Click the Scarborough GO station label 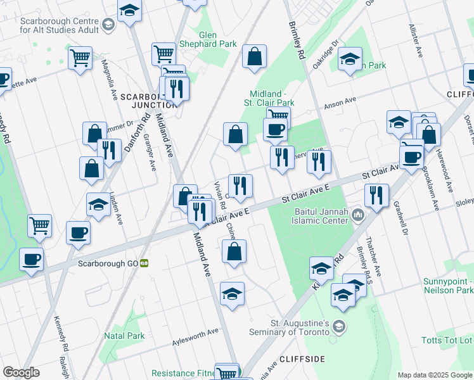108,263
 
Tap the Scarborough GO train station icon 144,263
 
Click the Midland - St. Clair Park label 269,98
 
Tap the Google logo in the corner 21,372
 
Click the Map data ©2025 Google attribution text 435,375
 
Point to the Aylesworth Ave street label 195,336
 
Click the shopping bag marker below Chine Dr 234,251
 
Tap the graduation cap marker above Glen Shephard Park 129,11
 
